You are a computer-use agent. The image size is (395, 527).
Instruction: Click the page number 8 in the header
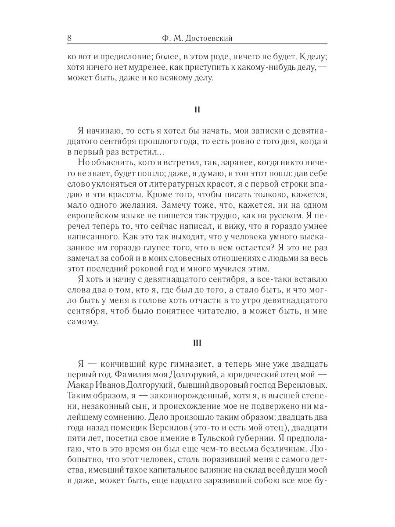[69, 38]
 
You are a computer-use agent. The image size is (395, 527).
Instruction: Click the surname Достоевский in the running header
[208, 38]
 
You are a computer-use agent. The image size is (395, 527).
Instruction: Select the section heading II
[197, 110]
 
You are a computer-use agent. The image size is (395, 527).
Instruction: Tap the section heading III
[197, 343]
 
